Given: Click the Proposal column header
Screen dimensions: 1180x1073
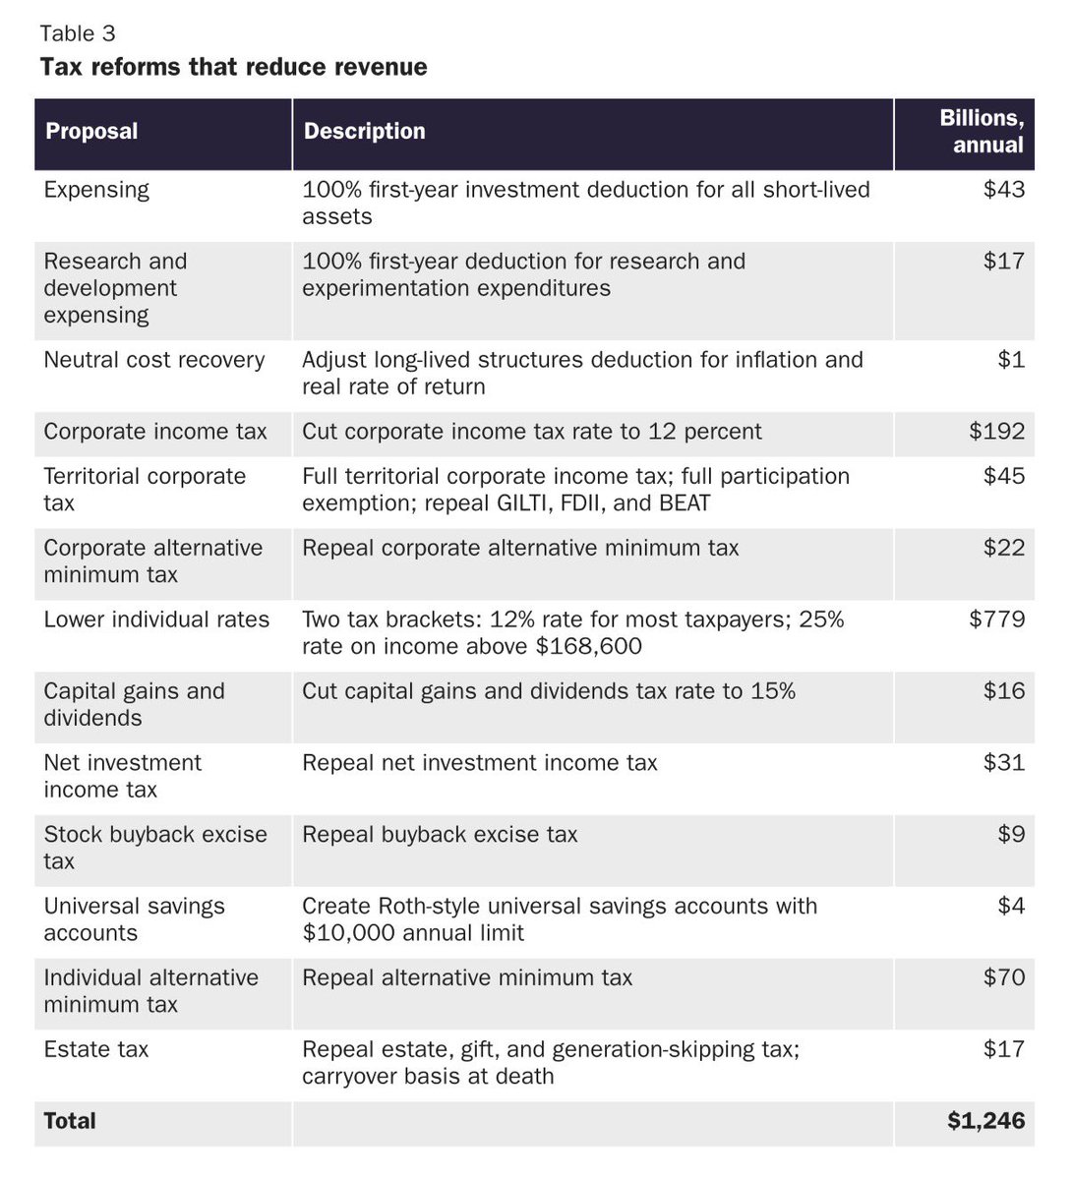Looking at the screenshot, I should point(91,132).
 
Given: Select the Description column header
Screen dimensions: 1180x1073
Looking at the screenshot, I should point(364,132).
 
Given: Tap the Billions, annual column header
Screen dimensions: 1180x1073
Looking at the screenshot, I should point(982,132).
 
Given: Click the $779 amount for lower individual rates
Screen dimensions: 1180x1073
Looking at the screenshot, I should point(996,619).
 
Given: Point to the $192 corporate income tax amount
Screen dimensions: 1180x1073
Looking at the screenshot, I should point(996,432).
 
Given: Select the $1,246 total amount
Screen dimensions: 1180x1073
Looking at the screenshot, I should point(985,1121).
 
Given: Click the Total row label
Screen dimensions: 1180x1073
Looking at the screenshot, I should point(70,1121).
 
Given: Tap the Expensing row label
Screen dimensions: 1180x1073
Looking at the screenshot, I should point(96,190).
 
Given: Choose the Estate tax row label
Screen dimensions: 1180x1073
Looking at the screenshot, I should point(96,1050).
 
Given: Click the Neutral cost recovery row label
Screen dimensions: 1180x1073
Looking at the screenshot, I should point(154,360).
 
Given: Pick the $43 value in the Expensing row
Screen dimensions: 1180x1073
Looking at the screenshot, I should point(1004,190).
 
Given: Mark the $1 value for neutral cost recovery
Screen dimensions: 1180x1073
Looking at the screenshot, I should point(1010,360).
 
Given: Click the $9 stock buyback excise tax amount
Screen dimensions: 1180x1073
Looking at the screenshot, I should point(1010,835).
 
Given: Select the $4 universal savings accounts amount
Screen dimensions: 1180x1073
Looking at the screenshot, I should point(1010,907).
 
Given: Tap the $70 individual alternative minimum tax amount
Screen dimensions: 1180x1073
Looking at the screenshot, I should point(1004,978).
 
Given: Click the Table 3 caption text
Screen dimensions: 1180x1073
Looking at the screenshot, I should point(78,33).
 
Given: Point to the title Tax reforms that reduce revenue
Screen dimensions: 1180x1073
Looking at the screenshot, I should point(233,67).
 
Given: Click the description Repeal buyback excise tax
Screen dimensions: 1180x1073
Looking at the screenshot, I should point(440,835).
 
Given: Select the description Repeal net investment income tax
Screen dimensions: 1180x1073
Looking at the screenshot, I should point(479,763).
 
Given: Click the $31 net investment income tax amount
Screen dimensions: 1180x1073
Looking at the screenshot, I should point(1004,763).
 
